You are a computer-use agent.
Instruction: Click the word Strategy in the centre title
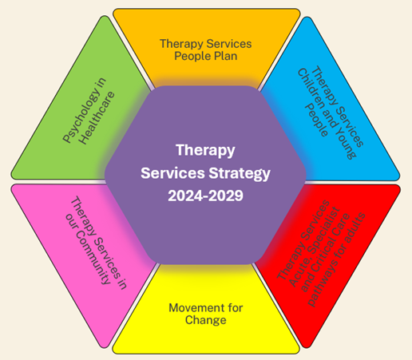pos(240,173)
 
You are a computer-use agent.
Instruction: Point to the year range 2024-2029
pos(205,196)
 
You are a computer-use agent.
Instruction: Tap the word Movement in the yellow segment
pos(191,308)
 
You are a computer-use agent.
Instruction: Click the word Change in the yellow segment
pos(206,320)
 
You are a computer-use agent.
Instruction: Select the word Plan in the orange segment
pos(226,56)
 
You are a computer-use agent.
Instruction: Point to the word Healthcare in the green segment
pos(97,118)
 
